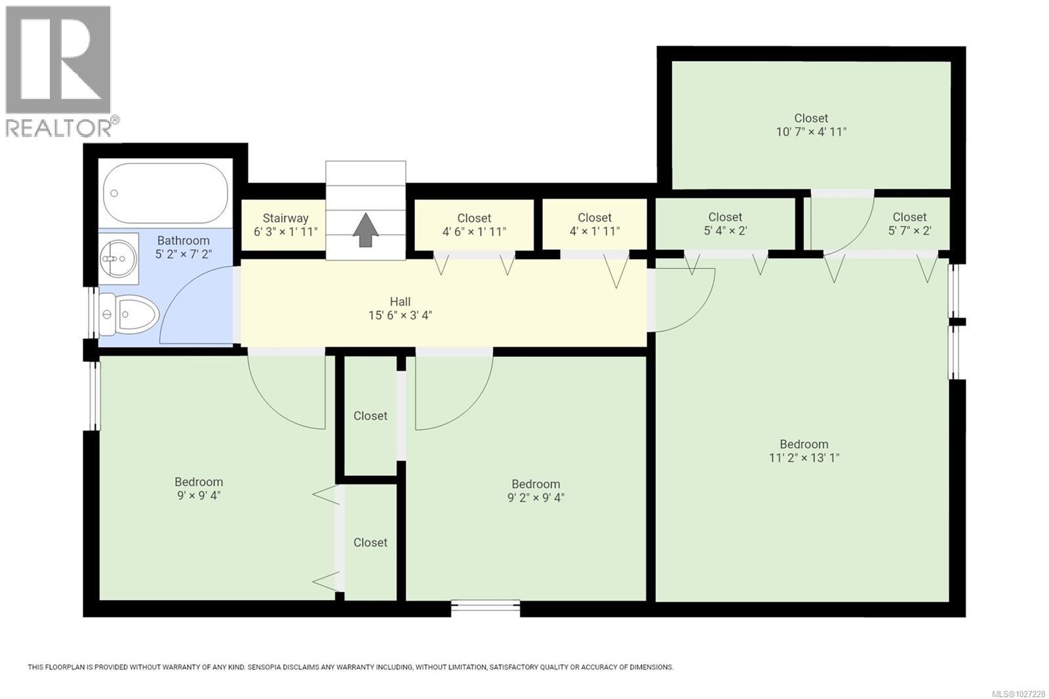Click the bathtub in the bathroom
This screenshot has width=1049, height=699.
tap(165, 193)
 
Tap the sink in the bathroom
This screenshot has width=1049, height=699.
tap(119, 258)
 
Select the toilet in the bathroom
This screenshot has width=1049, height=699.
tap(130, 315)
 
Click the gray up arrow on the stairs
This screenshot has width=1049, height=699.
tap(366, 231)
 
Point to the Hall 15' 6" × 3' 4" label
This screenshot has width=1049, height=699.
tap(400, 308)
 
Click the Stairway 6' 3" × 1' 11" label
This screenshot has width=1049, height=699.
tap(285, 225)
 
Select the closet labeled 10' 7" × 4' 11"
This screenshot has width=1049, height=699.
tap(811, 125)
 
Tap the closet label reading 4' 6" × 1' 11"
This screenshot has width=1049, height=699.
tap(474, 225)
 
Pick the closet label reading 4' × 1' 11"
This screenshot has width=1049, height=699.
tap(595, 224)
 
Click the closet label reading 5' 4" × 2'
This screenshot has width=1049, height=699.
tap(725, 224)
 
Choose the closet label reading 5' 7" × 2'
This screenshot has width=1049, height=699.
tap(909, 224)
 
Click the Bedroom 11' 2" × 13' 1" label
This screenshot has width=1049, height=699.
tap(804, 451)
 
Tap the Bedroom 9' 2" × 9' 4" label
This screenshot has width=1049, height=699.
tap(536, 490)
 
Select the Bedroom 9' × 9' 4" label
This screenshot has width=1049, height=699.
tap(199, 489)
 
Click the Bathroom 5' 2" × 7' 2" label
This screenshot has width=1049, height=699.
tap(183, 247)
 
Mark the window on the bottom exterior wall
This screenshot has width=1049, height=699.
tap(486, 608)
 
